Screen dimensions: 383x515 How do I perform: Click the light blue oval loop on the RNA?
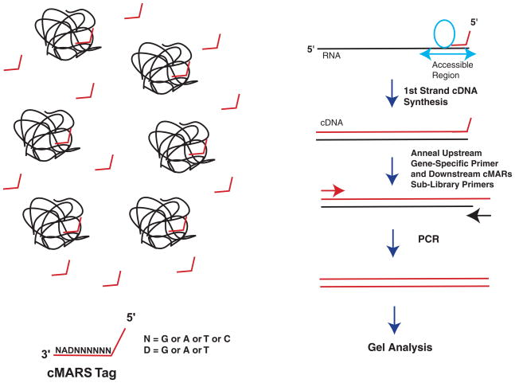coord(443,35)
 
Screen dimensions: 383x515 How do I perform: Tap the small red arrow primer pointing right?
coord(334,190)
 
